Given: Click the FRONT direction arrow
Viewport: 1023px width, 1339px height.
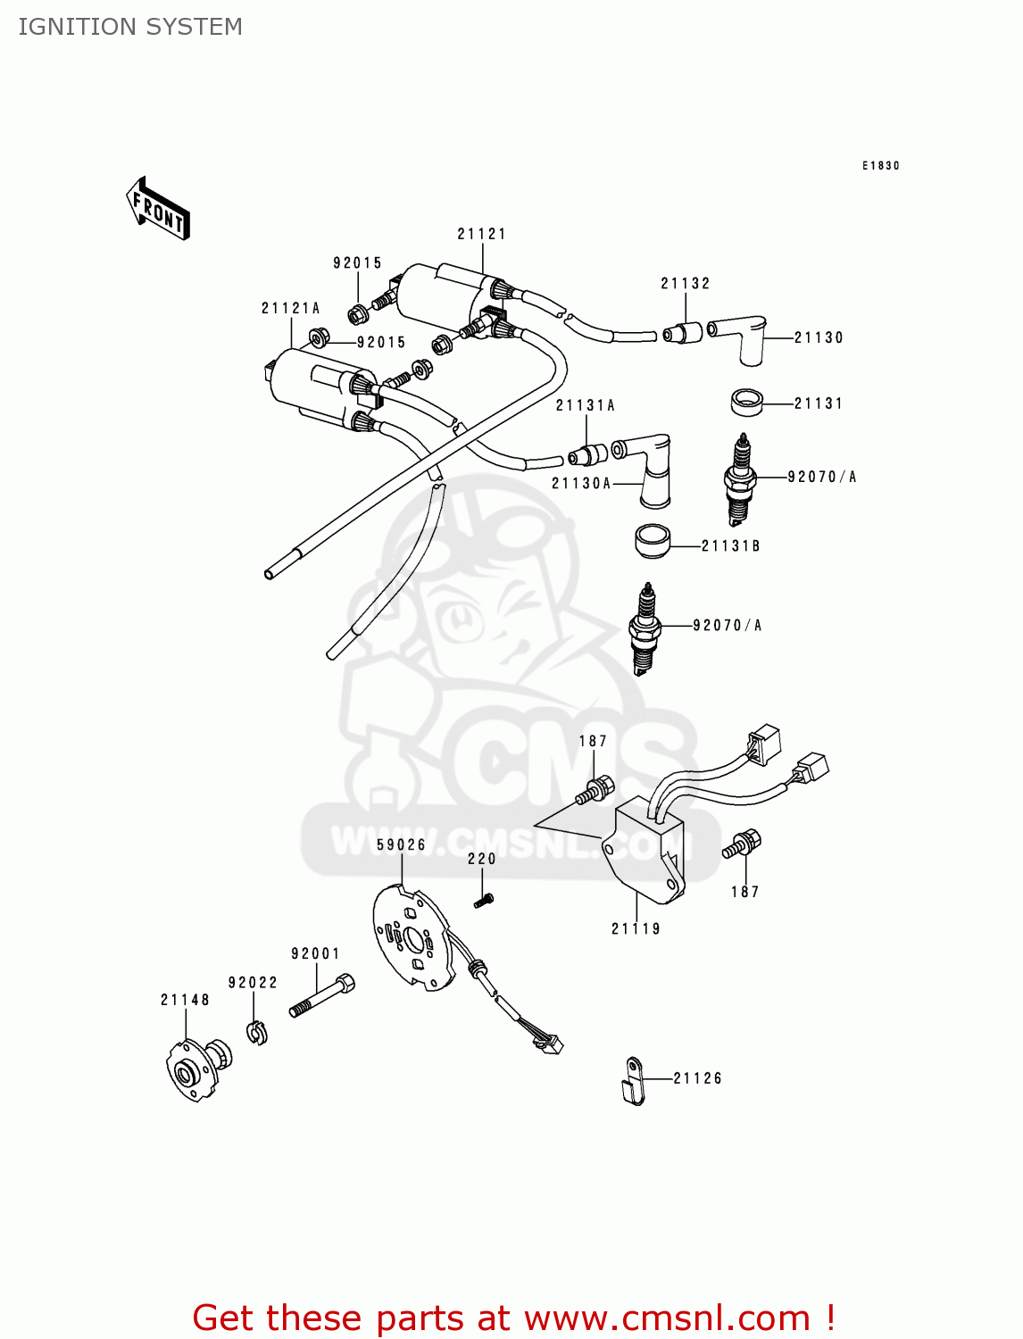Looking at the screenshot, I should [159, 209].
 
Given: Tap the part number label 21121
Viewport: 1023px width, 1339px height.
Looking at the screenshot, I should [481, 234].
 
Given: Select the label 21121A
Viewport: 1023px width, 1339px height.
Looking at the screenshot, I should [290, 308].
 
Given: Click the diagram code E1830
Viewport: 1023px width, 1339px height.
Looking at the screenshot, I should [880, 166].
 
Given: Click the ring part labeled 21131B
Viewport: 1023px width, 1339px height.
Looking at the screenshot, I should [653, 542].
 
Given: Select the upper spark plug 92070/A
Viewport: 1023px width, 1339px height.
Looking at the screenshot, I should [740, 479].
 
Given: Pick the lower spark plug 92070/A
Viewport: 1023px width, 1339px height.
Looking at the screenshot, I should [645, 628].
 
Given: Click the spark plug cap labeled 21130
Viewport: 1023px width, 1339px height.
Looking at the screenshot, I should [742, 337].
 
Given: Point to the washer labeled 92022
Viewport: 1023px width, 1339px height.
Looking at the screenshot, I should [257, 1032].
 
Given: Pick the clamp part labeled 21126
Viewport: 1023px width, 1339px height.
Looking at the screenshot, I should [633, 1081].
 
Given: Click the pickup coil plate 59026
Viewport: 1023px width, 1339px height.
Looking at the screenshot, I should [412, 937].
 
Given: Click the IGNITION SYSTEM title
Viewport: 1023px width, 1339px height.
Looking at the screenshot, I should [130, 27].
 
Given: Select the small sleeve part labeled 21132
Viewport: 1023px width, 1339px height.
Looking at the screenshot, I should [683, 334].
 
